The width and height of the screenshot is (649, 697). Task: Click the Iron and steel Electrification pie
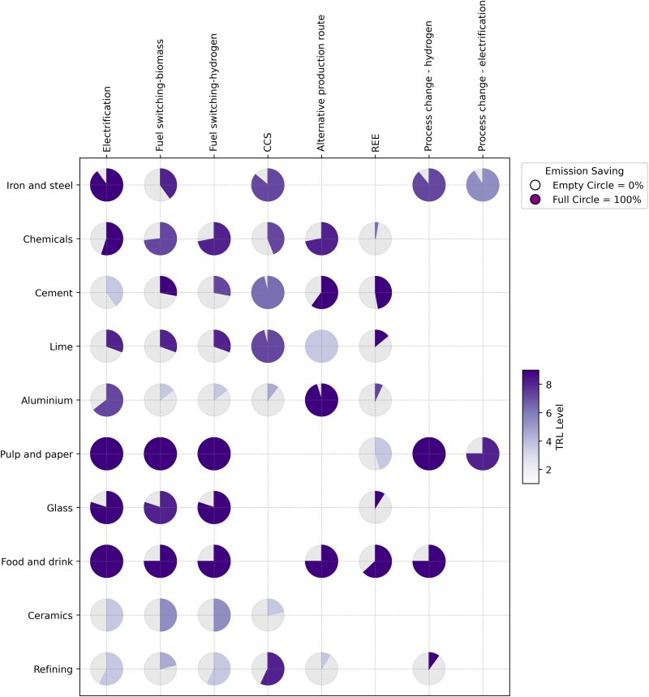(x=106, y=185)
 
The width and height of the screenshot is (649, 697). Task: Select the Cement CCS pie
(x=268, y=293)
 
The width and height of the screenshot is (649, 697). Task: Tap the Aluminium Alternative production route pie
(x=321, y=400)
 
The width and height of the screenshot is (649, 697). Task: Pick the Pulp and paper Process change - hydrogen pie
(x=429, y=454)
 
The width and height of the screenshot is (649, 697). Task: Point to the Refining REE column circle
(x=375, y=669)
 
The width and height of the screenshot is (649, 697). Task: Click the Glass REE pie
(x=375, y=508)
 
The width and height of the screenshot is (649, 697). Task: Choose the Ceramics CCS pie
(x=268, y=615)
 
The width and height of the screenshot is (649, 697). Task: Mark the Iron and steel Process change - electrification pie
(x=483, y=185)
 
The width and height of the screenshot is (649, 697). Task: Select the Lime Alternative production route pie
(x=321, y=346)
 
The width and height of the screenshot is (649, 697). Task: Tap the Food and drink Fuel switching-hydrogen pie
(x=214, y=561)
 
